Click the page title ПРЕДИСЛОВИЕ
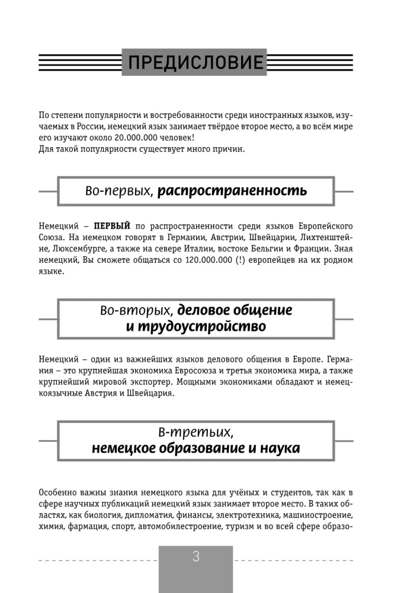coord(194,62)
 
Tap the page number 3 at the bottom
coord(196,557)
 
